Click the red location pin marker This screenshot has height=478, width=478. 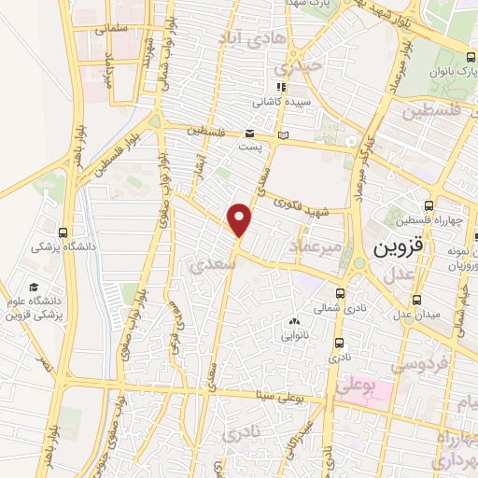(x=241, y=219)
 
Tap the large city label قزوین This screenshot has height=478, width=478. (x=398, y=250)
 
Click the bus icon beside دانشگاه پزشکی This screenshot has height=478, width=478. (x=63, y=232)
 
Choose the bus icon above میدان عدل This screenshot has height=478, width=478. (x=416, y=300)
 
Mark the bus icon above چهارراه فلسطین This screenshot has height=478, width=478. (x=429, y=205)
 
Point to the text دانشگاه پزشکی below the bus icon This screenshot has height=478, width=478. (x=58, y=248)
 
